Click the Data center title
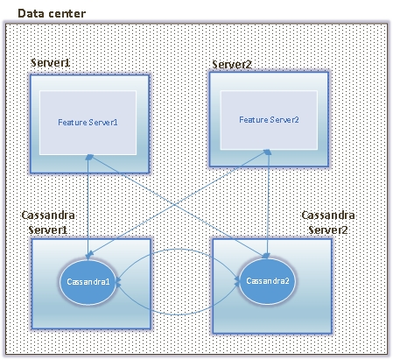coord(52,13)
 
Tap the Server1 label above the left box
coord(50,63)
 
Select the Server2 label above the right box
coord(232,65)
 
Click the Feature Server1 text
coord(88,122)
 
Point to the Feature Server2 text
coord(269,120)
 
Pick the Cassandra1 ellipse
coord(88,282)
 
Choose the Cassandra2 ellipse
coord(268,281)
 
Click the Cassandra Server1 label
coord(48,222)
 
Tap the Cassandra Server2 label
coord(328,222)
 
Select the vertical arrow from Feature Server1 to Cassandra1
coord(88,207)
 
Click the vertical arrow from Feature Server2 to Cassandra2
coord(268,204)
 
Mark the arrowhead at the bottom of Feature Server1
coord(89,157)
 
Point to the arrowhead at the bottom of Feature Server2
coord(268,152)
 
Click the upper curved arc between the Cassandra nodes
coord(178,249)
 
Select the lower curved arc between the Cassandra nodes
coord(178,314)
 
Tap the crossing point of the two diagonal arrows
coord(178,204)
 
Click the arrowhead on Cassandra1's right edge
coord(118,281)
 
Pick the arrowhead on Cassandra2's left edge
coord(237,281)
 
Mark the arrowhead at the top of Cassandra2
coord(266,256)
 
